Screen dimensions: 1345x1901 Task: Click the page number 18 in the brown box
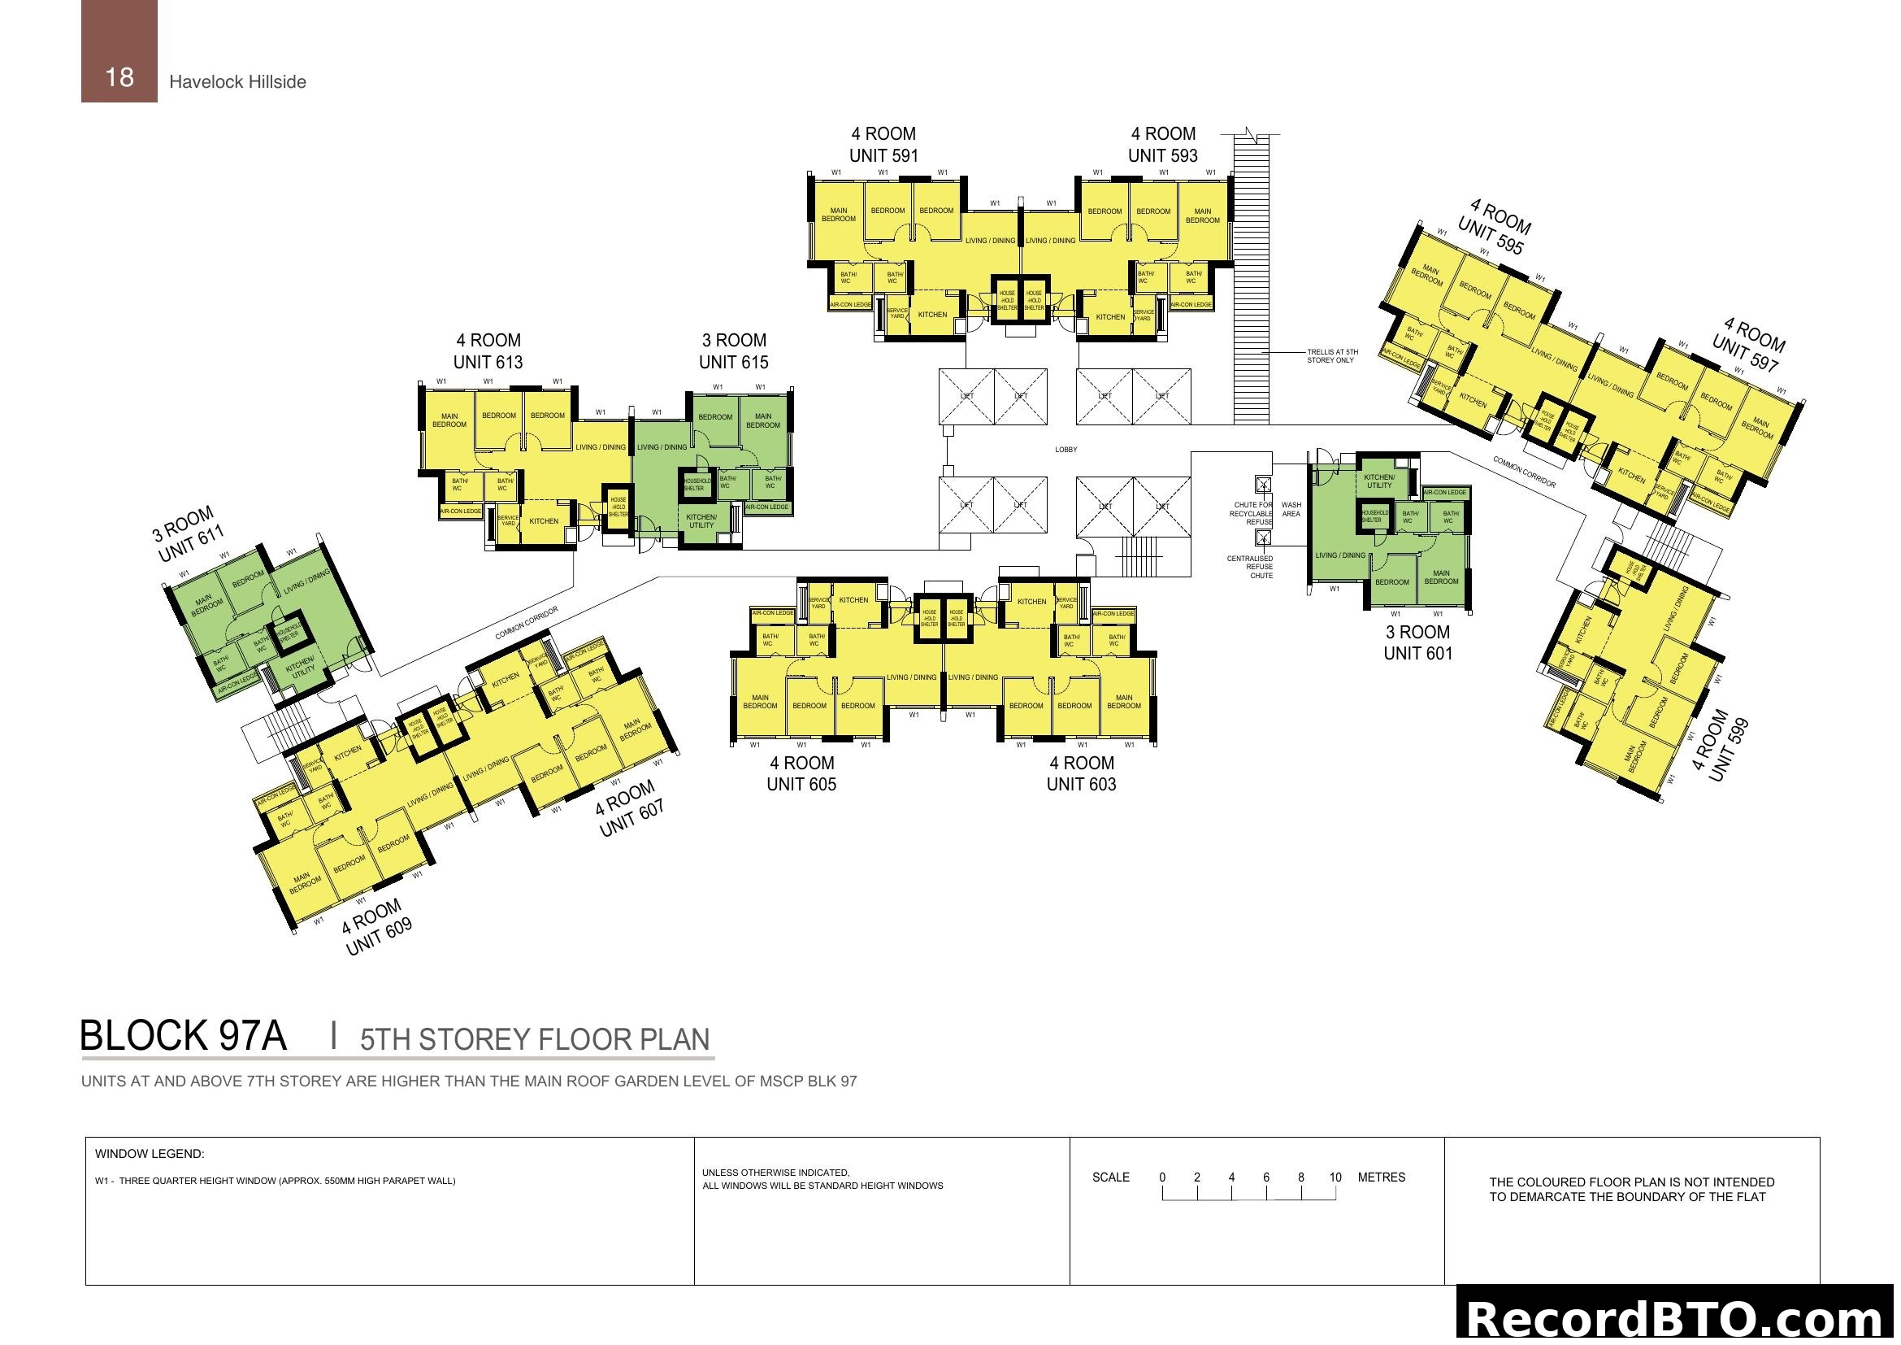point(119,77)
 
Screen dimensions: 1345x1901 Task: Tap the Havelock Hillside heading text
point(237,82)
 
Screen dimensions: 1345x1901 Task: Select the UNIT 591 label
point(883,155)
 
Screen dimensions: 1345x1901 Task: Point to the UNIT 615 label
point(733,362)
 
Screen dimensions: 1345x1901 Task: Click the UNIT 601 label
point(1417,654)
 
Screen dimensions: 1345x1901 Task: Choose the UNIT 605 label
point(801,784)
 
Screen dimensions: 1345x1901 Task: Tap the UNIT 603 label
point(1080,784)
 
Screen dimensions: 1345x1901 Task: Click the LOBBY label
point(1066,450)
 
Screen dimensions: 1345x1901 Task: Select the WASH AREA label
point(1291,509)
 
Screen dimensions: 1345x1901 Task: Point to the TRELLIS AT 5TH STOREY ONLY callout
point(1332,356)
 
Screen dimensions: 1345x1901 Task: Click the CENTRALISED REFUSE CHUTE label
point(1251,568)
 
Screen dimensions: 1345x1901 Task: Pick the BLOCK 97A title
point(183,1036)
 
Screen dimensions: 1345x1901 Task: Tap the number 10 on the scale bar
point(1335,1177)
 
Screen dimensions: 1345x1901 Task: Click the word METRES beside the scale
point(1381,1177)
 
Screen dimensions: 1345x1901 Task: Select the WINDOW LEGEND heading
point(149,1154)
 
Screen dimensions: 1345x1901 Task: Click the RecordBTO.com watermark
point(1677,1317)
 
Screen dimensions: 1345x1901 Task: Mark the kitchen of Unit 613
point(543,521)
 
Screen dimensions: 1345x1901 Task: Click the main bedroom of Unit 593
point(1202,215)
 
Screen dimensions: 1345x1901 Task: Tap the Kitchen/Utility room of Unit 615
point(701,521)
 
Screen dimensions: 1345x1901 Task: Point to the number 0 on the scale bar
point(1162,1177)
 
